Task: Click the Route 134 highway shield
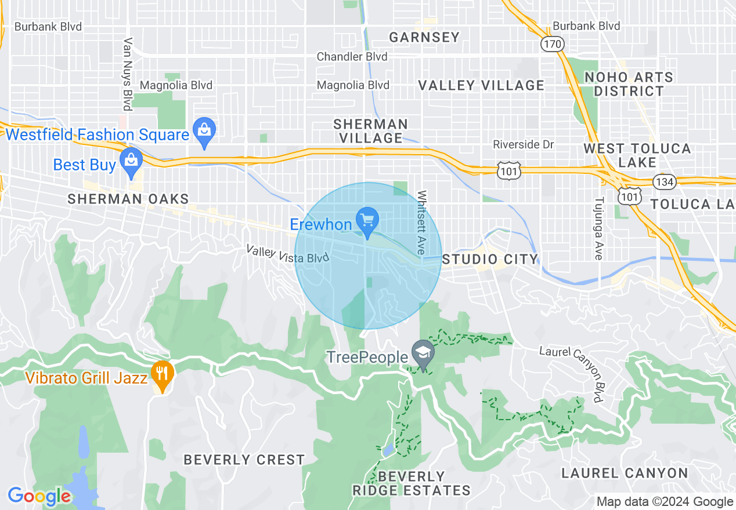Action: (x=663, y=181)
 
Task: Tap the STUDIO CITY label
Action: (x=490, y=259)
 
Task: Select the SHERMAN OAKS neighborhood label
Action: (x=128, y=199)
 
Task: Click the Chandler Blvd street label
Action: (x=352, y=57)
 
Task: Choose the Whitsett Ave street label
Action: (x=422, y=223)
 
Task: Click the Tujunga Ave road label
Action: (x=598, y=228)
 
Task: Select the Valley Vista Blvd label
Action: (x=287, y=254)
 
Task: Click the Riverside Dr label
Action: (x=524, y=144)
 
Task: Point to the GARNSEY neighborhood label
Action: (x=424, y=38)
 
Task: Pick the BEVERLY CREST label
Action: (x=244, y=460)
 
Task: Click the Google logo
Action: (x=39, y=496)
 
